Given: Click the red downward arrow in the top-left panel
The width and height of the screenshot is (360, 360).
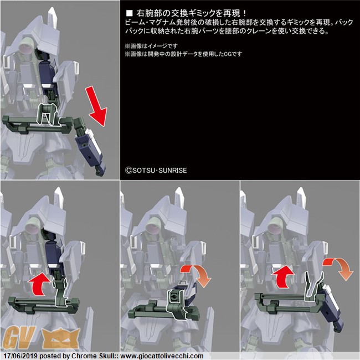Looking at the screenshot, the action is [x=96, y=106].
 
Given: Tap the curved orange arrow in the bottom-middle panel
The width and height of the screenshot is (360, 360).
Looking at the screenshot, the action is [x=198, y=274].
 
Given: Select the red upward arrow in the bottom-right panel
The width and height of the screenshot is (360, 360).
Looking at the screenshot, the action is [x=284, y=277].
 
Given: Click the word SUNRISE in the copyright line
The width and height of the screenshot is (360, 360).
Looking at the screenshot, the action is [x=173, y=171].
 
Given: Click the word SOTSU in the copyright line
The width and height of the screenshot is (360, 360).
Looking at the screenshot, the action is [x=143, y=171].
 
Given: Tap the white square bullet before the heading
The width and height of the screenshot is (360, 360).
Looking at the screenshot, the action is [x=130, y=13].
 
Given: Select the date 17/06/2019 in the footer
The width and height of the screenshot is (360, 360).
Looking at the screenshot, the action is [x=20, y=356].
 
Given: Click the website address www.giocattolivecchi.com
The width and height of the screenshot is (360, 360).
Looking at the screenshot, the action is [x=162, y=356].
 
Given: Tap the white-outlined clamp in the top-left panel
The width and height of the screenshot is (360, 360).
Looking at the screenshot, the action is [x=48, y=114].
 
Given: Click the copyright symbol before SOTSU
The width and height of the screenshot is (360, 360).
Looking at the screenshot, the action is [x=128, y=171].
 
